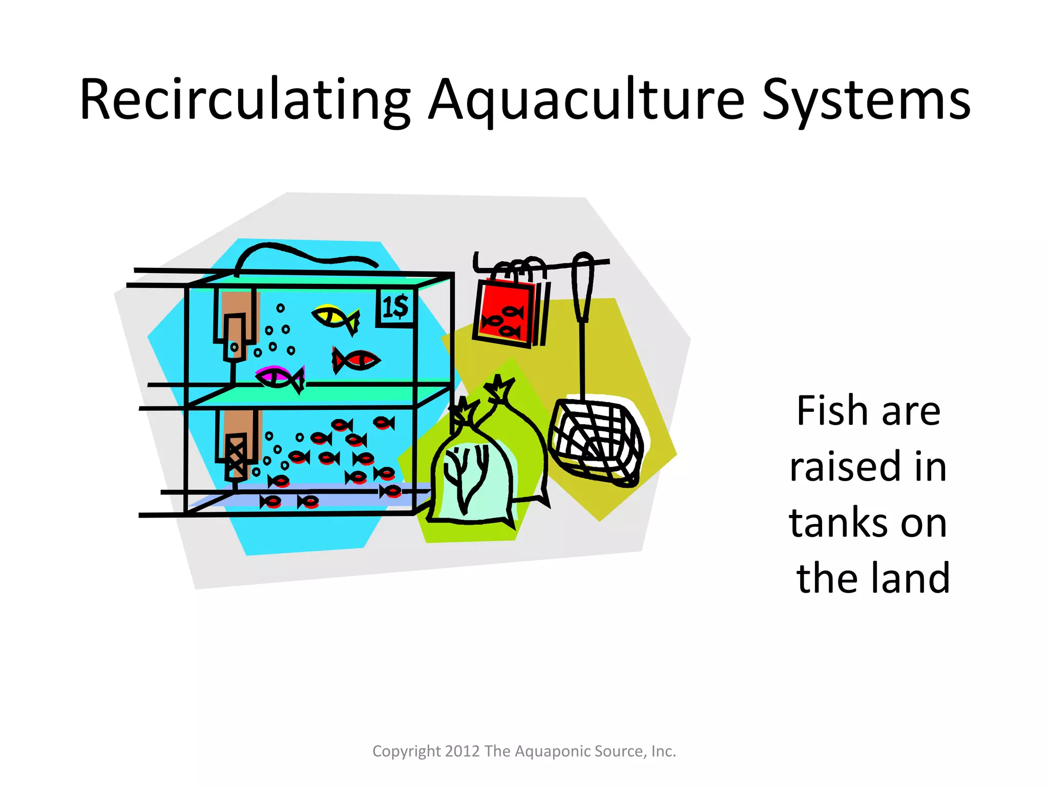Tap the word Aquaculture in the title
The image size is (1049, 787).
(x=586, y=100)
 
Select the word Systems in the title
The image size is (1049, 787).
(x=866, y=100)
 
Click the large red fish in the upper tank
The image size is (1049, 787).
(x=356, y=360)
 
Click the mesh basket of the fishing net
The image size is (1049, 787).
(x=596, y=441)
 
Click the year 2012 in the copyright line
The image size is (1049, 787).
(x=463, y=751)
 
